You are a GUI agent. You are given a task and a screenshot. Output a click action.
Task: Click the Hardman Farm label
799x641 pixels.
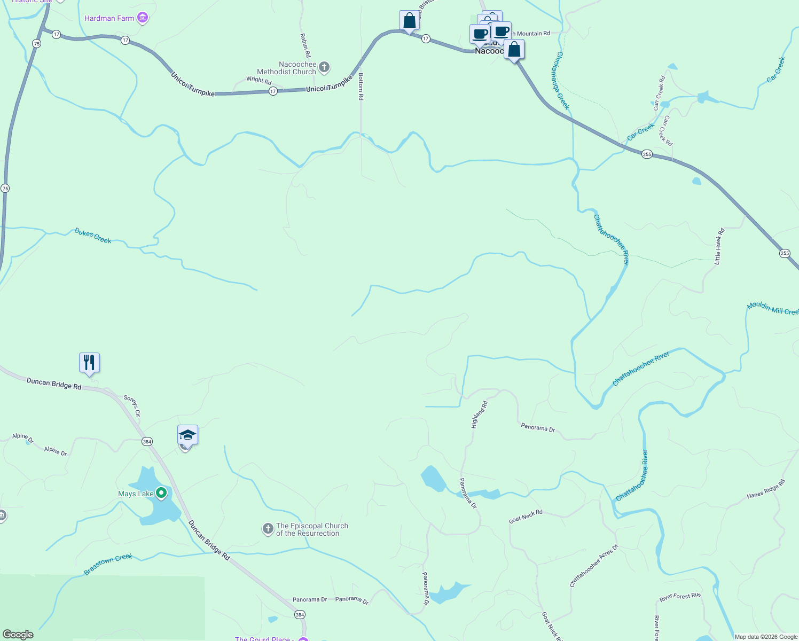(109, 18)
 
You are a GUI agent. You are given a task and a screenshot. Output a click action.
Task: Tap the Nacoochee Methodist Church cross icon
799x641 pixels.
(324, 68)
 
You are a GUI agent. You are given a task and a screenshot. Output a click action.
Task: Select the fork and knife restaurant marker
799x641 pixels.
(90, 363)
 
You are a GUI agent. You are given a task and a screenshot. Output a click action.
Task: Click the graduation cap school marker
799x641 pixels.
(187, 435)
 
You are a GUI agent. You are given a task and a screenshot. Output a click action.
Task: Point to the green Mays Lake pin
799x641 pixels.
(161, 493)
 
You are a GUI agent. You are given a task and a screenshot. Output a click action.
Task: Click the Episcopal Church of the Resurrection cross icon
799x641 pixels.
(268, 529)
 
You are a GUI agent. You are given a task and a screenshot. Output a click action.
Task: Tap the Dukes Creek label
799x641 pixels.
(93, 236)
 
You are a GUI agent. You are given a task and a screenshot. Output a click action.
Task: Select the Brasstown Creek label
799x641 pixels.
(108, 564)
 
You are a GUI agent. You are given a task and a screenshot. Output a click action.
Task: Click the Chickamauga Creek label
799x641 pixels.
(563, 80)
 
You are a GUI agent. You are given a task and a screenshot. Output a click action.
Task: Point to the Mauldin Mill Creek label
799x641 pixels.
(772, 308)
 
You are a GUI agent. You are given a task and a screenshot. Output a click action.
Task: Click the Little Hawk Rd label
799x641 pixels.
(719, 246)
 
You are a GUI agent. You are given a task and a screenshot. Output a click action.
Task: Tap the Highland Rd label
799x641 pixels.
(479, 415)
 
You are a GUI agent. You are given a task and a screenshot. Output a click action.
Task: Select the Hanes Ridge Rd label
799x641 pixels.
(766, 489)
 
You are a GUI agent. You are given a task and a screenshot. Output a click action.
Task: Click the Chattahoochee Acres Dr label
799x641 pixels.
(593, 566)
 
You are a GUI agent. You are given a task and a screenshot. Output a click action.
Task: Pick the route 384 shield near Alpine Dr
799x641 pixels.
(147, 441)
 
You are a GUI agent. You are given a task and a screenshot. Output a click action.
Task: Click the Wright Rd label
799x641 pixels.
(259, 80)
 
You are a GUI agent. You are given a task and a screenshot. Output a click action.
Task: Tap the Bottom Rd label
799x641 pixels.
(361, 87)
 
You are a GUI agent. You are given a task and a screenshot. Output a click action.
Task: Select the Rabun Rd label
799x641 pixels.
(305, 45)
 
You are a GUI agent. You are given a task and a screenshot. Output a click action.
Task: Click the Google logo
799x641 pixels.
(18, 634)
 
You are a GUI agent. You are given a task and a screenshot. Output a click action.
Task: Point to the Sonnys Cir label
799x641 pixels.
(132, 405)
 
